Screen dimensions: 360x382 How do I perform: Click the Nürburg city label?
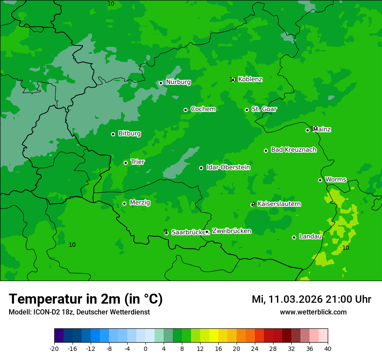click(x=178, y=82)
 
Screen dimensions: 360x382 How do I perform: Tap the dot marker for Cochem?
click(x=186, y=110)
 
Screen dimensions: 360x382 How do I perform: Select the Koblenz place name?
click(x=250, y=79)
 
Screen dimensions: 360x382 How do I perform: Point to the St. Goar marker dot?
click(x=247, y=110)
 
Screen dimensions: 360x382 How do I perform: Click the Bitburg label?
click(x=129, y=134)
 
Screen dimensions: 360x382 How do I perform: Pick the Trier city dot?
click(x=126, y=163)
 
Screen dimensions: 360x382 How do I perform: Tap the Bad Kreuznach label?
click(x=293, y=150)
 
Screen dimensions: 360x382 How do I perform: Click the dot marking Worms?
click(x=320, y=180)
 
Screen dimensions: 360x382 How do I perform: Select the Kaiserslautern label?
click(x=279, y=204)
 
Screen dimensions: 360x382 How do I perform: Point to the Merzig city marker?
click(x=125, y=203)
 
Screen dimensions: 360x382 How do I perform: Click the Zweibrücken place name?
click(x=231, y=231)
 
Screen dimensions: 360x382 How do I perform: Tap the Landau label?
click(x=310, y=236)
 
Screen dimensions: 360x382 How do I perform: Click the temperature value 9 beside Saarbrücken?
click(x=165, y=231)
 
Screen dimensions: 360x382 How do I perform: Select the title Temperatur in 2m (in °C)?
click(x=86, y=299)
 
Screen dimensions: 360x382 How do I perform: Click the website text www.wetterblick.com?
click(x=313, y=312)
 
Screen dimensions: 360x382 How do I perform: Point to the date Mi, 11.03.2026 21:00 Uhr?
click(x=311, y=299)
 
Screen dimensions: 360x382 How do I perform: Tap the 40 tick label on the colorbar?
click(x=327, y=349)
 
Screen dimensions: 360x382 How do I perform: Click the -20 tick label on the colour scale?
click(x=54, y=349)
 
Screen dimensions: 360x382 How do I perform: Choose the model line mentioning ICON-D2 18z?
click(x=79, y=312)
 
